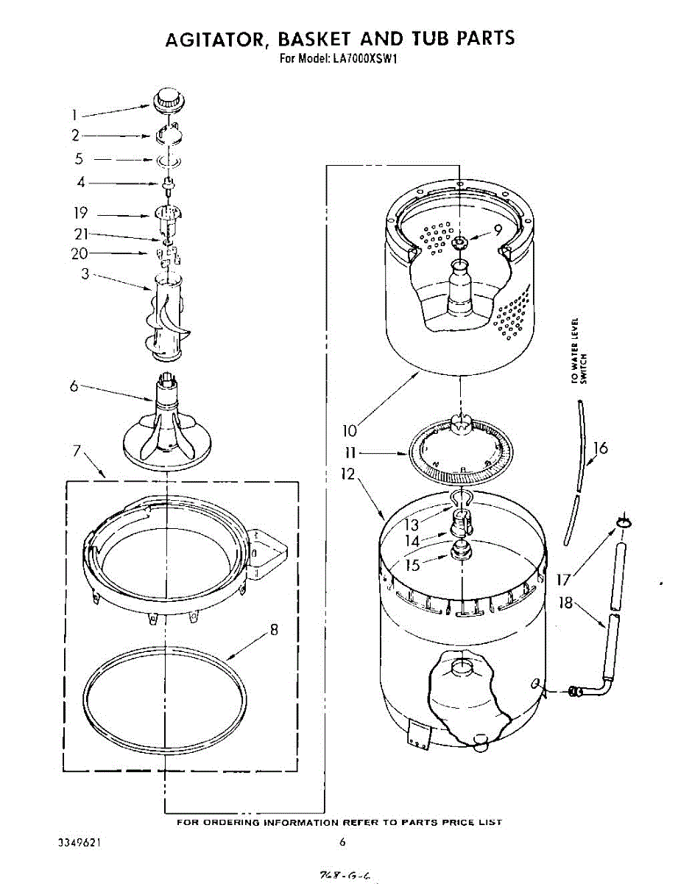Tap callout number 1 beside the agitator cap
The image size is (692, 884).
coord(74,115)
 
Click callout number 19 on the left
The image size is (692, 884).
coord(80,214)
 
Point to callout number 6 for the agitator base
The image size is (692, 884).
coord(74,385)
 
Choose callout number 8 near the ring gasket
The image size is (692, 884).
coord(274,630)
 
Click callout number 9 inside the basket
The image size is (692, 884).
coord(498,230)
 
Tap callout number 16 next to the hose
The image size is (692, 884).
coord(601,448)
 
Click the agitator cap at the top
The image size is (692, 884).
coord(169,99)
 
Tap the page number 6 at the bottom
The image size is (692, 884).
coord(342,842)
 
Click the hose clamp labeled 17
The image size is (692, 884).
coord(624,522)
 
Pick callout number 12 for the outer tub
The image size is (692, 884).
coord(347,476)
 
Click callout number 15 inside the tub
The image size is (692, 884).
coord(412,564)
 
